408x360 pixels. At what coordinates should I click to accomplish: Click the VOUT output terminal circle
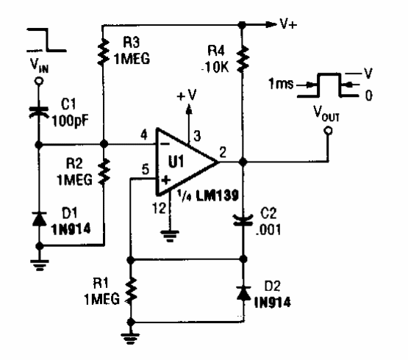coord(326,132)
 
